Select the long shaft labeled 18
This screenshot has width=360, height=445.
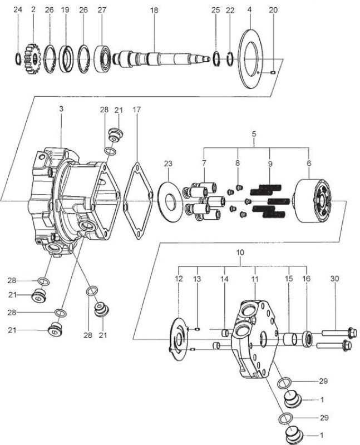point(161,59)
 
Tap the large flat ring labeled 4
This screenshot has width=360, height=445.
point(250,59)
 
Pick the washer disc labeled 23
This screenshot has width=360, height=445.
point(169,201)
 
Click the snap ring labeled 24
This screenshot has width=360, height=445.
point(18,59)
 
